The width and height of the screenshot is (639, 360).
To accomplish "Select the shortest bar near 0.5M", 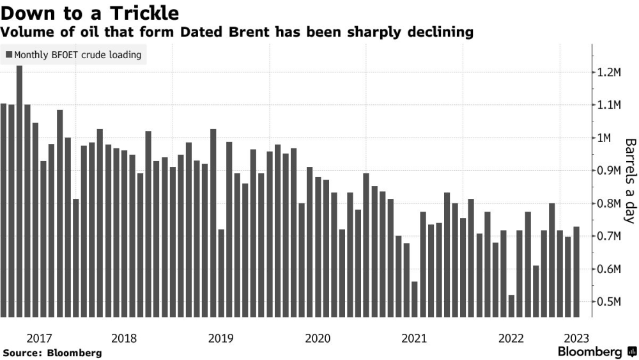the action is point(511,306).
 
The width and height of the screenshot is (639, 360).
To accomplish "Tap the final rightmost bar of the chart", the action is point(576,272).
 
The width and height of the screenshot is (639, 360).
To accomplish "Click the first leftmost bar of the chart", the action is point(3,210).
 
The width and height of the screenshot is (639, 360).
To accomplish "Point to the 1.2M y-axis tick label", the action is point(609,72).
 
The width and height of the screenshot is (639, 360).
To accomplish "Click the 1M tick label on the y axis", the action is point(604,138).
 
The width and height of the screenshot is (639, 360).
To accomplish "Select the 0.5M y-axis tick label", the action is point(609,302).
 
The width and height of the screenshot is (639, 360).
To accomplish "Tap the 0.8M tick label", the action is point(609,203).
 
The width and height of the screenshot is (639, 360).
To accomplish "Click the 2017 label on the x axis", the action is point(39,338).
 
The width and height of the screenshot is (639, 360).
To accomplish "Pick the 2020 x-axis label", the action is point(318,338).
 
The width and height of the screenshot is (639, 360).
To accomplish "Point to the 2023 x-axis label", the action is point(576,338).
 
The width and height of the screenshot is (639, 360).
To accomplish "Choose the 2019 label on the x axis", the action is point(221,338).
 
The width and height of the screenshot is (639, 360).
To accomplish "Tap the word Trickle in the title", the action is point(144,13).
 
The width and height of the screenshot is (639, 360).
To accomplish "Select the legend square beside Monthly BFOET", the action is point(9,54).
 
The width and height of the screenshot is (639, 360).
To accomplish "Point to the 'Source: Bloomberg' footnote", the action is point(52,353).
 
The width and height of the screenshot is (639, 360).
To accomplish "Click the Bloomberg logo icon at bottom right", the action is point(632,352).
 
